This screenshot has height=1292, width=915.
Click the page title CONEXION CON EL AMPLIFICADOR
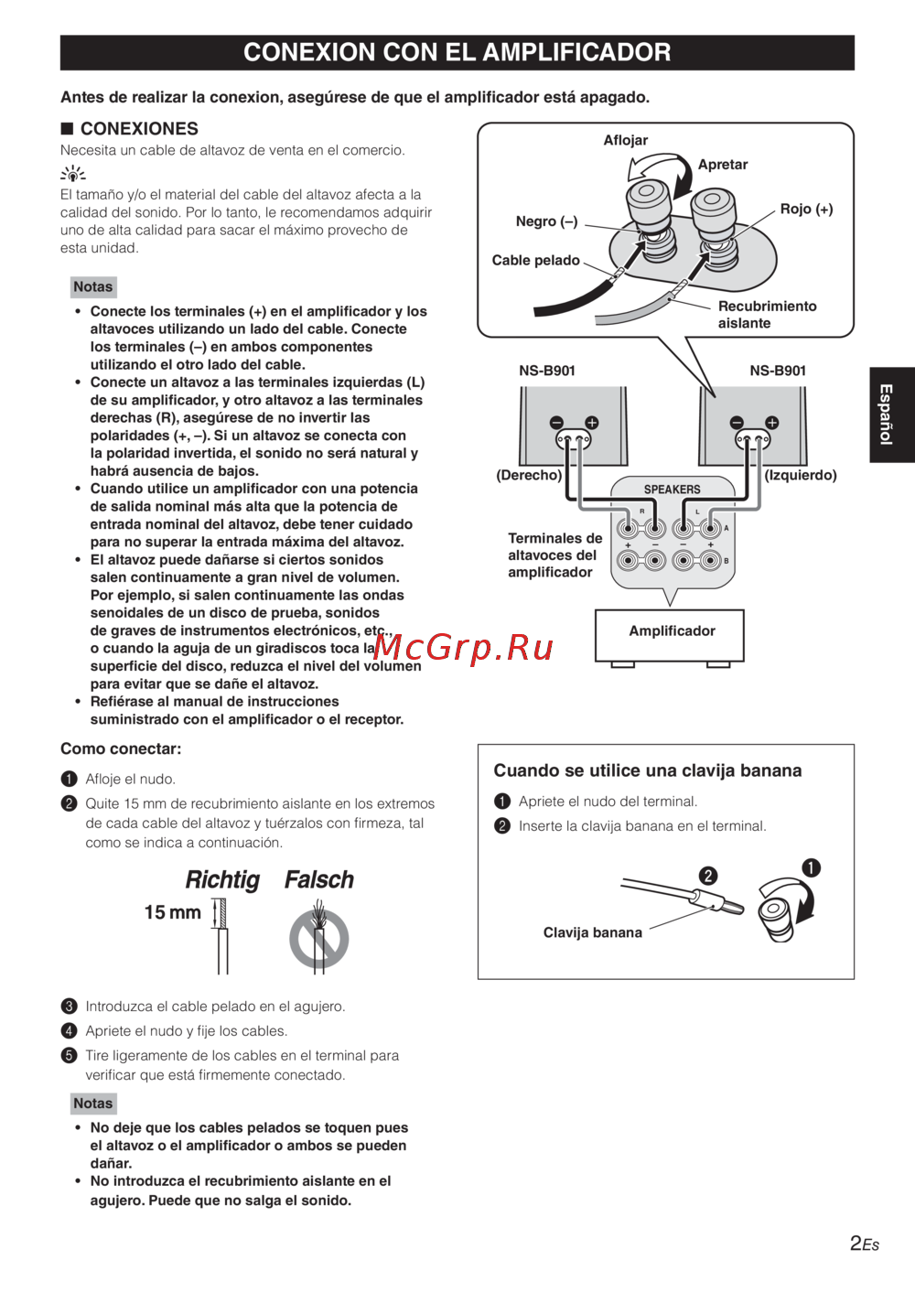click(x=457, y=52)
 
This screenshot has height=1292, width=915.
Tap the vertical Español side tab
click(x=885, y=415)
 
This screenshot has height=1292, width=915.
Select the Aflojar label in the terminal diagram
click(x=625, y=140)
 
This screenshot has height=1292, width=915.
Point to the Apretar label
click(x=722, y=165)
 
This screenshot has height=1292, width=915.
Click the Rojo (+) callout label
click(x=806, y=209)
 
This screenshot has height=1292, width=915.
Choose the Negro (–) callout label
click(x=546, y=221)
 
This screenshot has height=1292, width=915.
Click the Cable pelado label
click(x=535, y=260)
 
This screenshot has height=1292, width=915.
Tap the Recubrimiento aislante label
click(x=767, y=314)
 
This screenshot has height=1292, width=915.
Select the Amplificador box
click(x=671, y=632)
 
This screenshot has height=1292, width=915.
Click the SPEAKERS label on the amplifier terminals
click(x=672, y=490)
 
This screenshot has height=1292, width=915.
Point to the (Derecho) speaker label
click(x=529, y=475)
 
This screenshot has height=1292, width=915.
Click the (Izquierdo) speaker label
click(x=801, y=475)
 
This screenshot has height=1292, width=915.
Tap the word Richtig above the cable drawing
click(x=222, y=880)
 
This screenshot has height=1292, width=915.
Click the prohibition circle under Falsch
click(x=319, y=938)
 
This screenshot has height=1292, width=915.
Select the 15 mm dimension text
click(x=172, y=912)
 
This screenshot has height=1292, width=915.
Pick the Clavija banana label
click(x=592, y=932)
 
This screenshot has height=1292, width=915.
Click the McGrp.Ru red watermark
click(x=463, y=648)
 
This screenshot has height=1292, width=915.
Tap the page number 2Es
click(x=864, y=1243)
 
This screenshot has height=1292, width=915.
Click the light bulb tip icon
click(x=72, y=173)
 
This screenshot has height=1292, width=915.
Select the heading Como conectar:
click(x=121, y=748)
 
